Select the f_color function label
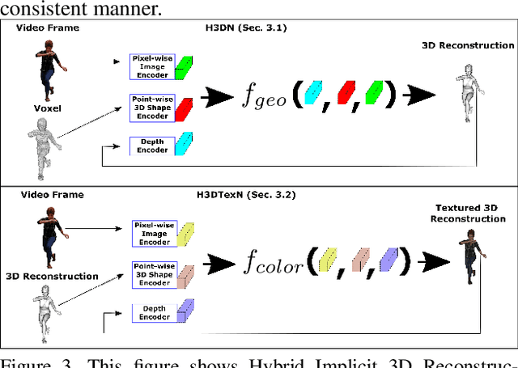coord(277,263)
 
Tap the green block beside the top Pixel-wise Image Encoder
coord(185,66)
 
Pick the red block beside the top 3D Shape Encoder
coord(185,108)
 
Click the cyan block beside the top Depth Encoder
coord(185,144)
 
